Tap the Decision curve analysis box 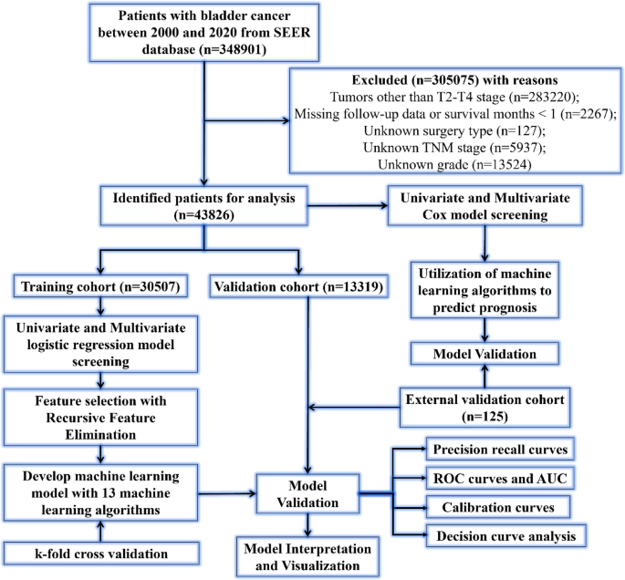(x=503, y=534)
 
